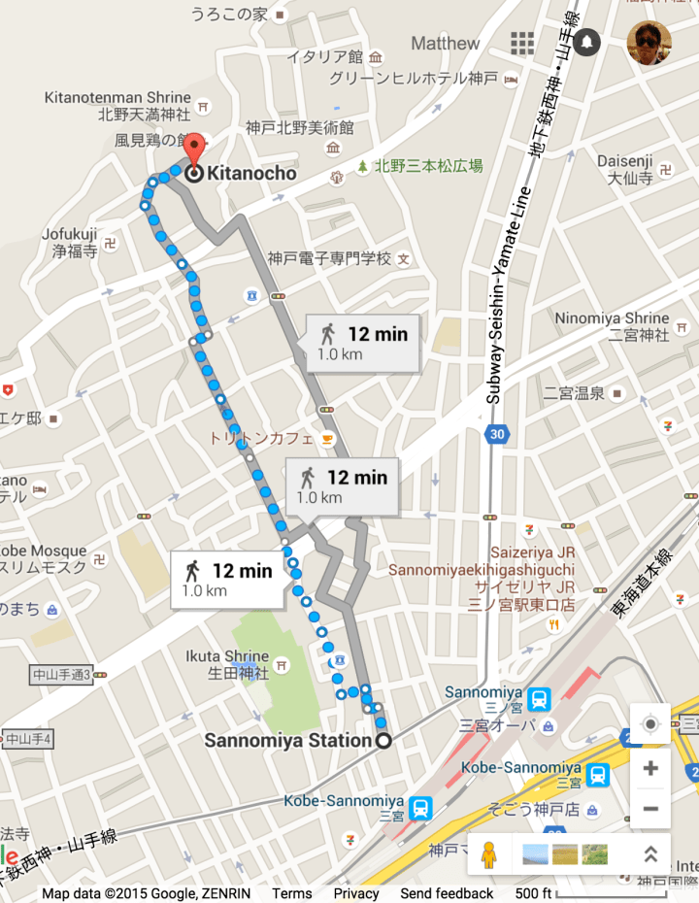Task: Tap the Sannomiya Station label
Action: pyautogui.click(x=287, y=741)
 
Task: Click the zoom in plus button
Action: pyautogui.click(x=649, y=768)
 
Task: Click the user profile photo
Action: pyautogui.click(x=649, y=43)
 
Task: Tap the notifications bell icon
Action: pyautogui.click(x=587, y=43)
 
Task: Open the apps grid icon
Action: pyautogui.click(x=523, y=43)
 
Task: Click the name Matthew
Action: pyautogui.click(x=445, y=44)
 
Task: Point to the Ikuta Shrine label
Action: pyautogui.click(x=227, y=656)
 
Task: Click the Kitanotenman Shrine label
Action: pyautogui.click(x=117, y=98)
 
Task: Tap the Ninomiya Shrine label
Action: pyautogui.click(x=612, y=318)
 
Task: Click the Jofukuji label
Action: pyautogui.click(x=70, y=234)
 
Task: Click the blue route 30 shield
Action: pyautogui.click(x=497, y=434)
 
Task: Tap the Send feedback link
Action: pyautogui.click(x=447, y=893)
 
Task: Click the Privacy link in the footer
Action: pyautogui.click(x=356, y=893)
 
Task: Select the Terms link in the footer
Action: pyautogui.click(x=291, y=893)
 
